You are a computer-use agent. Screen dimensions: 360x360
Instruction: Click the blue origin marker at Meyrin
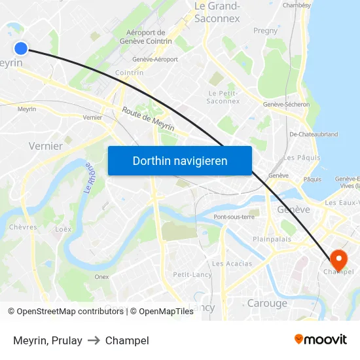pyautogui.click(x=21, y=48)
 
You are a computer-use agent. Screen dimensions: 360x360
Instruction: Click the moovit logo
pyautogui.click(x=321, y=339)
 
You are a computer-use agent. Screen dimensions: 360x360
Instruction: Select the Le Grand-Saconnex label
pyautogui.click(x=217, y=12)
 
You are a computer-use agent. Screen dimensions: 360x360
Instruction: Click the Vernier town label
pyautogui.click(x=46, y=146)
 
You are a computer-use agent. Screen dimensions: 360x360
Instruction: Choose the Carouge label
pyautogui.click(x=267, y=303)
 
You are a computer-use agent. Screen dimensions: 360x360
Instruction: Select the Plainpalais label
pyautogui.click(x=272, y=239)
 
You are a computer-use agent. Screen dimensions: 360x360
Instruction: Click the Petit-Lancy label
pyautogui.click(x=192, y=274)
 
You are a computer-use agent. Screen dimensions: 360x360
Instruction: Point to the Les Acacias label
pyautogui.click(x=232, y=263)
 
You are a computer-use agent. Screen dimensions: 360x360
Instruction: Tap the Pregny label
pyautogui.click(x=265, y=31)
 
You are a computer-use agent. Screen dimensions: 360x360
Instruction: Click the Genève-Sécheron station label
pyautogui.click(x=286, y=104)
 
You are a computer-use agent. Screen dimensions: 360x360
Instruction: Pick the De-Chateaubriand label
pyautogui.click(x=314, y=134)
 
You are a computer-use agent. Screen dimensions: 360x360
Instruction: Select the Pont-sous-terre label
pyautogui.click(x=234, y=217)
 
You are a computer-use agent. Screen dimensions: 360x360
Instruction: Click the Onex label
pyautogui.click(x=101, y=277)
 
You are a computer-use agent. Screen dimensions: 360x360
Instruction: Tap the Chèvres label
pyautogui.click(x=23, y=227)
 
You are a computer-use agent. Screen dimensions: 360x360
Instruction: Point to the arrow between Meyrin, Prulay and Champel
pyautogui.click(x=94, y=340)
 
